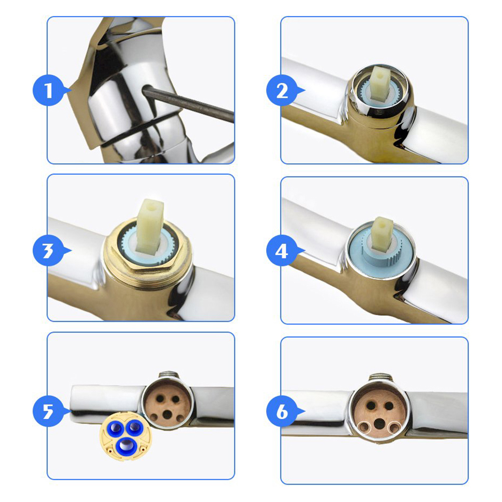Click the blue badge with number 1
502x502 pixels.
[x=49, y=90]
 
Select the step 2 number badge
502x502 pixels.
[x=282, y=90]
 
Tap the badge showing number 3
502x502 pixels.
[x=49, y=250]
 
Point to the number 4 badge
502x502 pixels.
[x=282, y=250]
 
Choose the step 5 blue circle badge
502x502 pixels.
[x=49, y=411]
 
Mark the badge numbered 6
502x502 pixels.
[x=282, y=411]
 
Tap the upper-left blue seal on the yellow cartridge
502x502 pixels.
[x=116, y=428]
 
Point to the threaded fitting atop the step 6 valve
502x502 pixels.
[x=379, y=378]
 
